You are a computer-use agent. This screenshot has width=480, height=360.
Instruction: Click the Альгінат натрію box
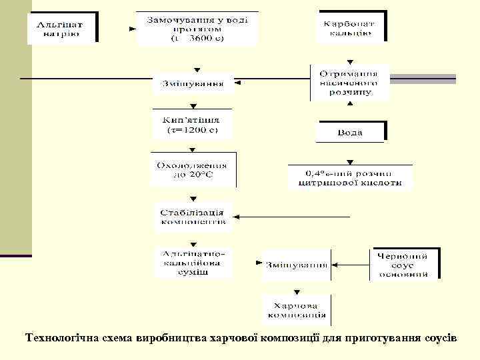(62, 27)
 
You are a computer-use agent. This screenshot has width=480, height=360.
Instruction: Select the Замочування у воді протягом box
(197, 28)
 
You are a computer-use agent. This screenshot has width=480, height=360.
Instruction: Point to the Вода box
(350, 132)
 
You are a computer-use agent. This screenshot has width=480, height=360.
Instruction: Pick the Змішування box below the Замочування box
(193, 85)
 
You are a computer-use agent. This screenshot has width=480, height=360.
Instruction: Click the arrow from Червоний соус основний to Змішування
(351, 265)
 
